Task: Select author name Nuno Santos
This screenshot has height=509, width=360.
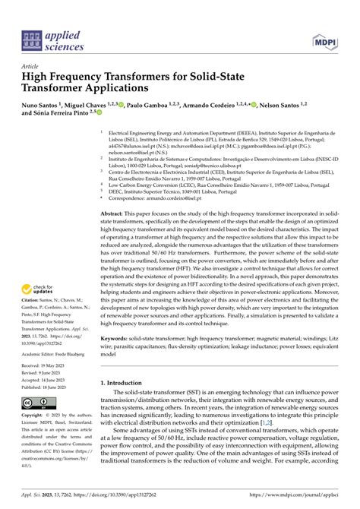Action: pos(42,107)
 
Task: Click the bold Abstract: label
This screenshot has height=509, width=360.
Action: pos(115,215)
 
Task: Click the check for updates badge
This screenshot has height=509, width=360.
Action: pos(36,289)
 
